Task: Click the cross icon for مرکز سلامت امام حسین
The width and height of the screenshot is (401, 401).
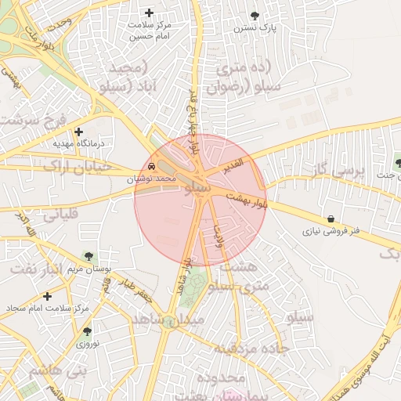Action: (x=150, y=13)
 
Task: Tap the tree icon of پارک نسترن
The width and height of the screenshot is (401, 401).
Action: (x=255, y=15)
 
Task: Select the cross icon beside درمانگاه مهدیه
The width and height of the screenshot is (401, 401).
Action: (x=78, y=132)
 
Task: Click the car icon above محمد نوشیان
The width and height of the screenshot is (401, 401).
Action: (x=150, y=167)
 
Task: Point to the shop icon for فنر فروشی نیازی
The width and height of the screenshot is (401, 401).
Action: (x=332, y=219)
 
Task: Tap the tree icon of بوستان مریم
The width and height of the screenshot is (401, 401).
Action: (x=88, y=255)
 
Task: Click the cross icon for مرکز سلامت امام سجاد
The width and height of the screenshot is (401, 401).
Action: (x=48, y=296)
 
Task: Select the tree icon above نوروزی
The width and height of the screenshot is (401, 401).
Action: (x=86, y=331)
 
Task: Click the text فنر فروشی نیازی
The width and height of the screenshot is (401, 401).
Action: (x=332, y=232)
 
